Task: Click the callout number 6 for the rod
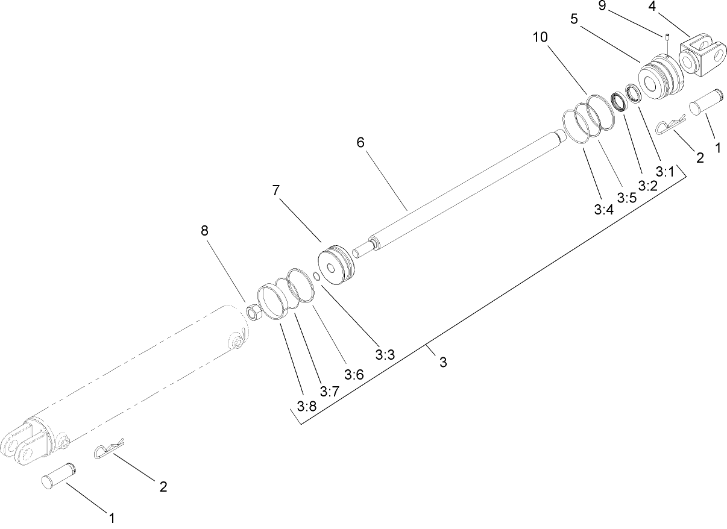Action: (360, 143)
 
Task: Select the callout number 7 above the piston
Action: (276, 191)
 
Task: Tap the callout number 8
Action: (204, 231)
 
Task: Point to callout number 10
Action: (540, 37)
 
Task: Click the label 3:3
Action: (385, 355)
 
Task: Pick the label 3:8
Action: (306, 406)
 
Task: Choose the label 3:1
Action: (665, 172)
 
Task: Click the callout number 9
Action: (602, 7)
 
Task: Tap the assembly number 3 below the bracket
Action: (443, 363)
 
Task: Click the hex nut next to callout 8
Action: (254, 312)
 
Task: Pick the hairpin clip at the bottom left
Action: (109, 448)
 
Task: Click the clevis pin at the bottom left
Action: (58, 474)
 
